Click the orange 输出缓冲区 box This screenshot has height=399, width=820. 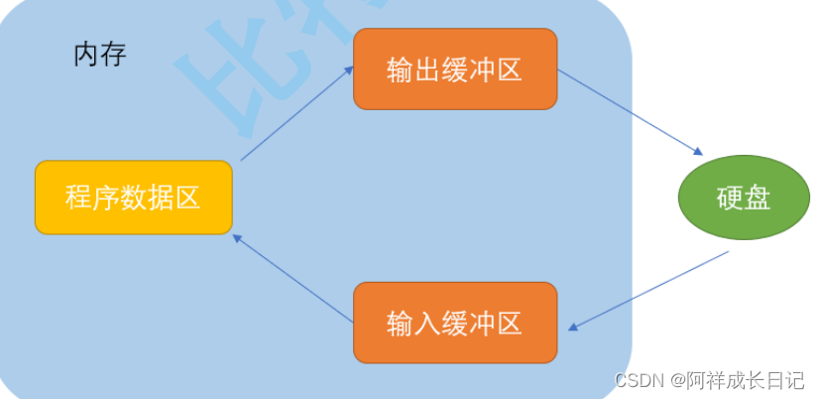(x=455, y=69)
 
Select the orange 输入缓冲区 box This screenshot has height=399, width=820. (x=455, y=323)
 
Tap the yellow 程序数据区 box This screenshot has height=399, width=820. (x=134, y=198)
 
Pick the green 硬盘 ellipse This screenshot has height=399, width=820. (x=743, y=198)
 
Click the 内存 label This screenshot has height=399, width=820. (x=100, y=54)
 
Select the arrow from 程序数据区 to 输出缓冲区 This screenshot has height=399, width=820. (x=296, y=113)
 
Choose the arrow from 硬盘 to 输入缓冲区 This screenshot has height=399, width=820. (x=649, y=291)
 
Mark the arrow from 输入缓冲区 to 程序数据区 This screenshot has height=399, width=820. (x=293, y=279)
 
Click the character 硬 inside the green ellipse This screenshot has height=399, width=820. (x=729, y=198)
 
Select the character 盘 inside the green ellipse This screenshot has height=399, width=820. (x=757, y=198)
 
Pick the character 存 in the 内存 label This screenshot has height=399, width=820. (x=113, y=54)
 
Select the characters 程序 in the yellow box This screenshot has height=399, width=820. (x=93, y=198)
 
